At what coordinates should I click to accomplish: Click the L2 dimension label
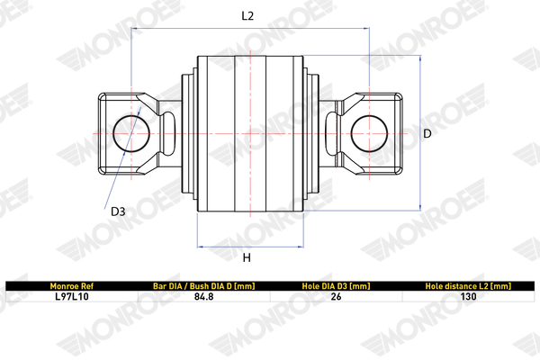coord(247,16)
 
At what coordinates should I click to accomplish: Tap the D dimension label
coord(427,133)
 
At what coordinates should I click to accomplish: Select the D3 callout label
coord(118,211)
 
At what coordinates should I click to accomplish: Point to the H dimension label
coord(247,257)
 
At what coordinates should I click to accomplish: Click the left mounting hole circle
coord(113,134)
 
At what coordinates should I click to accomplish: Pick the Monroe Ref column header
coord(72,286)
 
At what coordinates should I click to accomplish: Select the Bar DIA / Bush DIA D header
coord(204,286)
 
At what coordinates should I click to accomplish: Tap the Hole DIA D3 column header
coord(336,286)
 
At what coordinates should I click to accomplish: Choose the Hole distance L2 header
coord(468,286)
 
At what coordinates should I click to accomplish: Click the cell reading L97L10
coord(72,297)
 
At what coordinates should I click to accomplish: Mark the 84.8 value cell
coord(204,297)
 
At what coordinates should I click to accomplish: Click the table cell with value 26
coord(336,297)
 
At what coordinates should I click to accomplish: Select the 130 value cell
coord(468,297)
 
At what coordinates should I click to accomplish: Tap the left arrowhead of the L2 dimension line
coord(133,28)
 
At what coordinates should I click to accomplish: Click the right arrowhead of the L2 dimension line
coord(367,28)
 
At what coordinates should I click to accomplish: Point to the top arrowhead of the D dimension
coord(420,58)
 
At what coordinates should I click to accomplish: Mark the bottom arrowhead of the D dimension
coord(420,207)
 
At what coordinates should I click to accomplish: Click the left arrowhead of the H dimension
coord(200,247)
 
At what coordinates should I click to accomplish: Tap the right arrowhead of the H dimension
coord(301,247)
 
